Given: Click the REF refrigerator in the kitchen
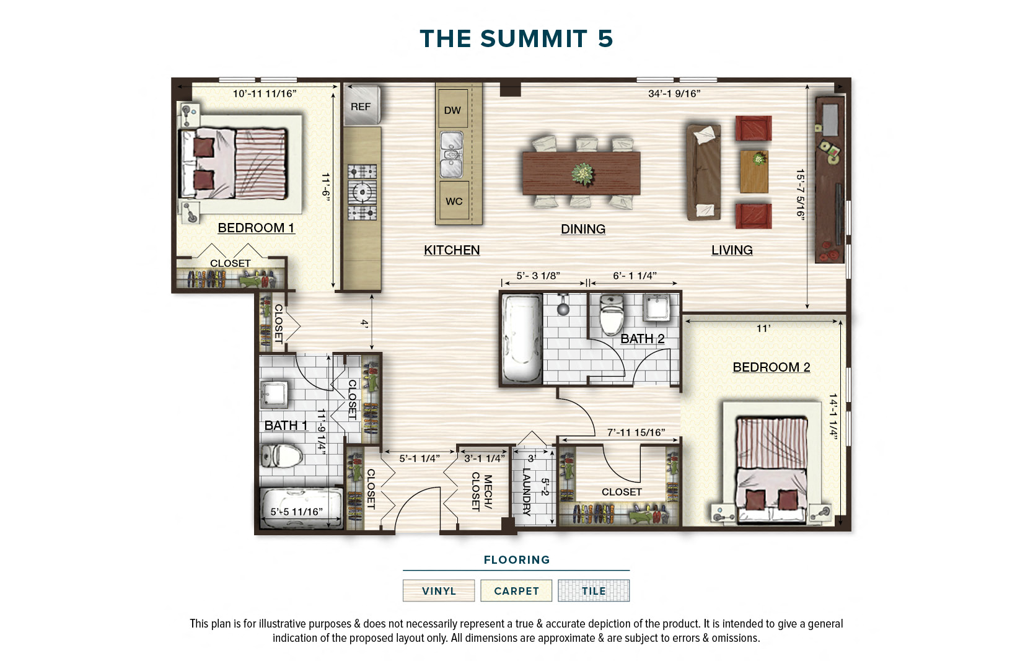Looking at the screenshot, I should click(x=361, y=106).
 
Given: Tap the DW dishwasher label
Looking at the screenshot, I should click(x=452, y=110).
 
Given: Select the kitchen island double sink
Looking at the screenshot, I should click(x=452, y=154).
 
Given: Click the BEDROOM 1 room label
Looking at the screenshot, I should click(x=256, y=228).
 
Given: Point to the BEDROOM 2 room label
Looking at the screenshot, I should click(x=771, y=367).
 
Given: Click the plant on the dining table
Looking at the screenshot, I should click(x=582, y=173).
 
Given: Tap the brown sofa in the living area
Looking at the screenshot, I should click(x=703, y=172).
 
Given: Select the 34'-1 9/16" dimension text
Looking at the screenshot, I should click(x=674, y=94).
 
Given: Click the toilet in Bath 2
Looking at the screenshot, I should click(x=612, y=315).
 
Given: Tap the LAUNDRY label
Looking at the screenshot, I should click(x=526, y=491).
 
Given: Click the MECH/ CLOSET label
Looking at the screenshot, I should click(x=481, y=492).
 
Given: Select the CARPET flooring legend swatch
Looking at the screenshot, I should click(x=516, y=591).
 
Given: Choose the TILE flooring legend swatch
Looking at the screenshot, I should click(x=593, y=591).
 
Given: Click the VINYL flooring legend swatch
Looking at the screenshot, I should click(x=439, y=591).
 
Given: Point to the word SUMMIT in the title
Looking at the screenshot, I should click(x=534, y=39).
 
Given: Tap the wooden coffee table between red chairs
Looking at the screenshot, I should click(x=754, y=171).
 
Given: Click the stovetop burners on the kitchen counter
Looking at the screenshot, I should click(x=362, y=193).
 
